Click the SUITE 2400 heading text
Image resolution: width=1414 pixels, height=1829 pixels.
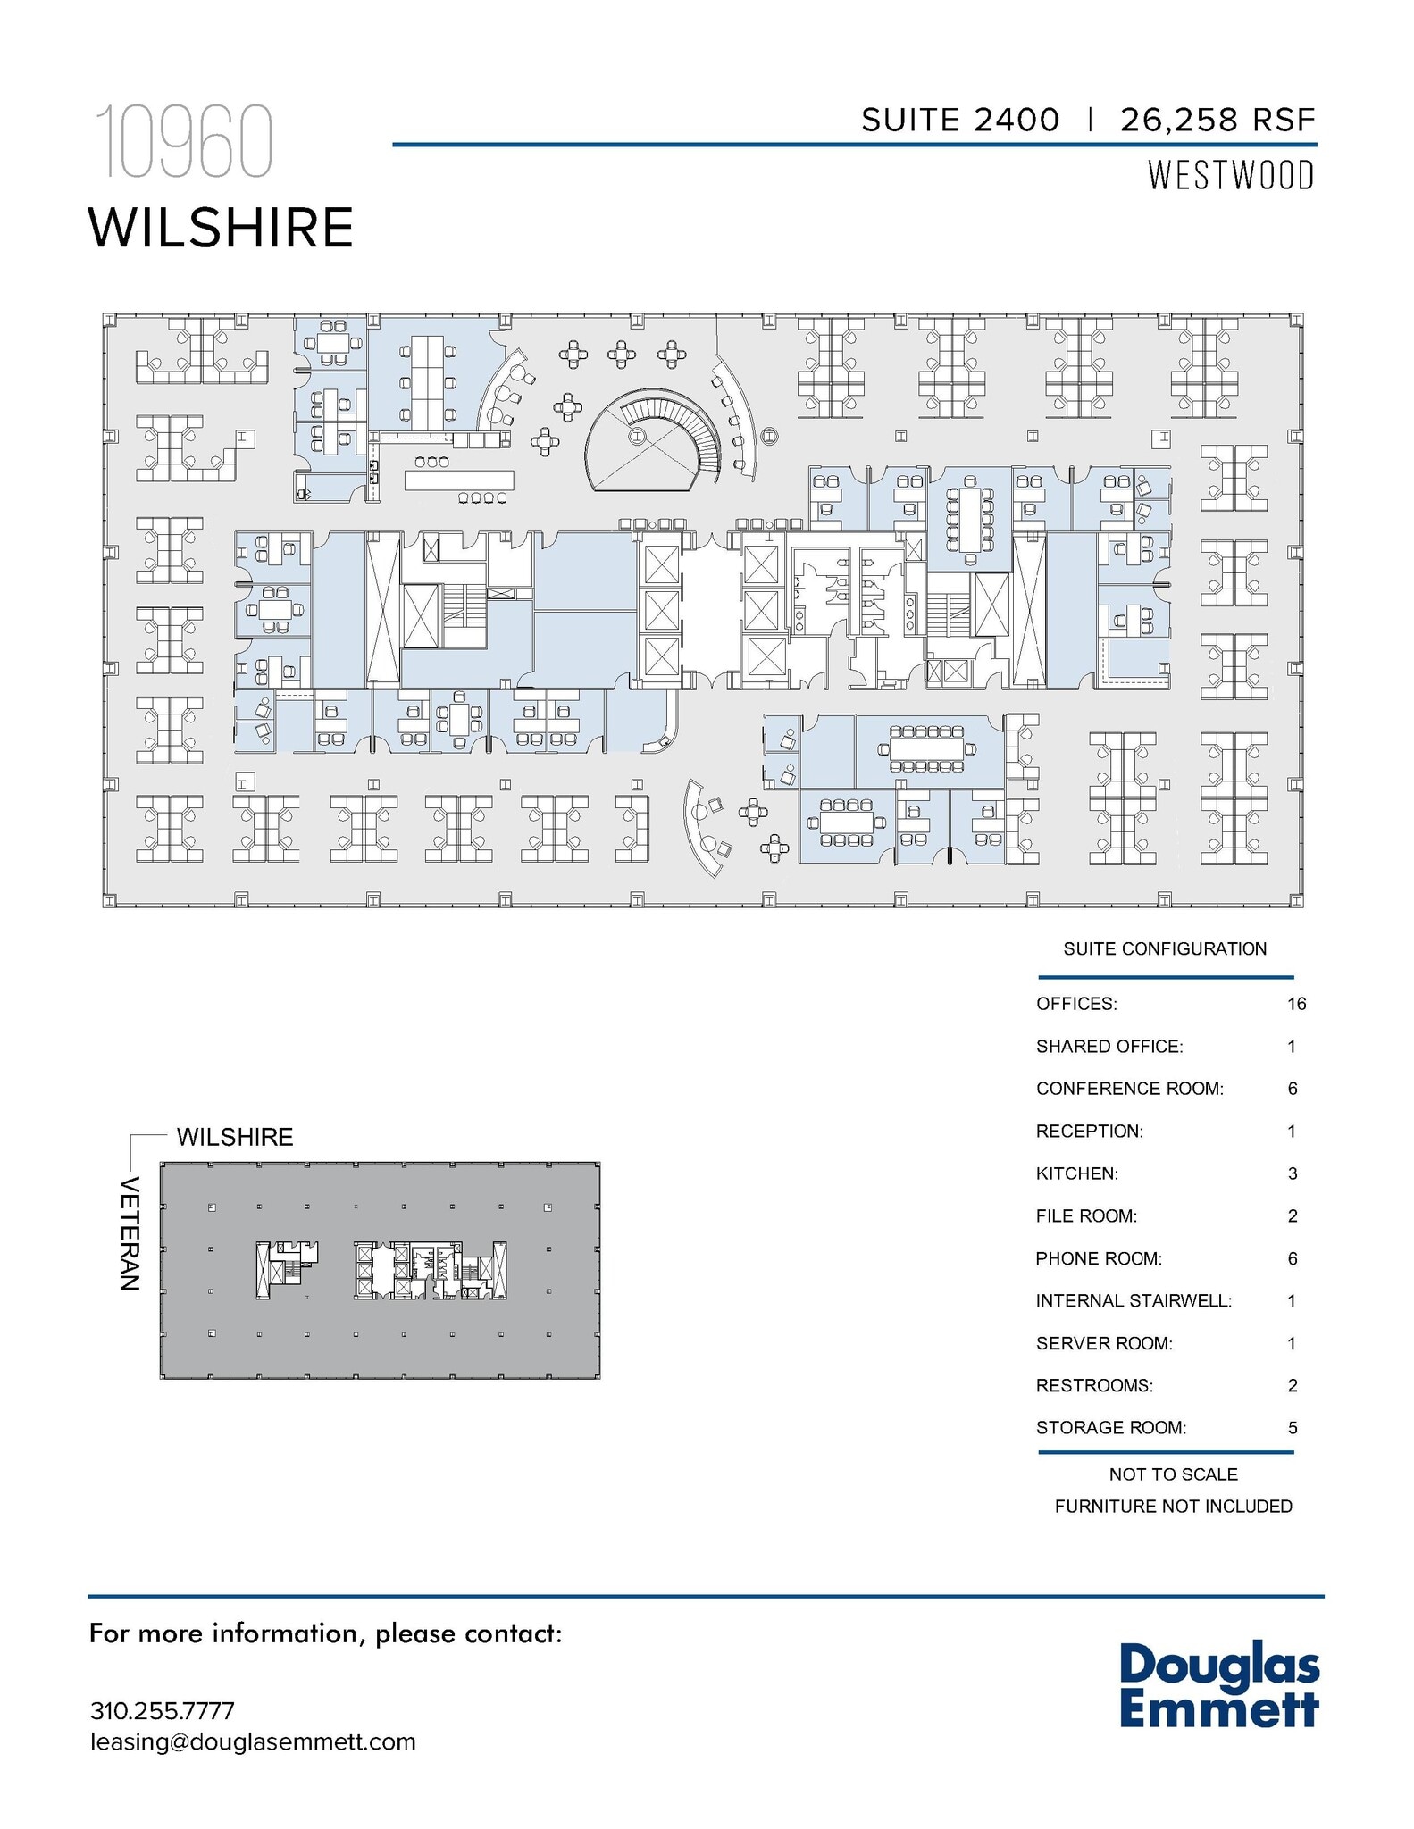[x=959, y=120]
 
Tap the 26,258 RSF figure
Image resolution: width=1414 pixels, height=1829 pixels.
[x=1217, y=120]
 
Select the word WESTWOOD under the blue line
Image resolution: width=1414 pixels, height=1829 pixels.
[x=1231, y=176]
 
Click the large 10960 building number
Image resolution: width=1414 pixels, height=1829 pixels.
[x=182, y=142]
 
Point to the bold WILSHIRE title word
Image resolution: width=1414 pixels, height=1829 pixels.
[x=221, y=228]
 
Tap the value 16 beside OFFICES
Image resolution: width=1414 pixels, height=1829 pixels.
[x=1296, y=1004]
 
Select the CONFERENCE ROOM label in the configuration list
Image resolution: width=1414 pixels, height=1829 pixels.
[x=1129, y=1089]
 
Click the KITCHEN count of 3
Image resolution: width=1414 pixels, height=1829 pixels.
[x=1293, y=1173]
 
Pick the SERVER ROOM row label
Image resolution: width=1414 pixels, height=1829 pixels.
[x=1104, y=1343]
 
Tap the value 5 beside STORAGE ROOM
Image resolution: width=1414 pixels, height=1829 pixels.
[x=1293, y=1428]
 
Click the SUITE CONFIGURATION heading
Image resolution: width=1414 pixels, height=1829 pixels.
[x=1165, y=948]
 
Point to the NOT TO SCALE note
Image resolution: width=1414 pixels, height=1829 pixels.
[x=1173, y=1474]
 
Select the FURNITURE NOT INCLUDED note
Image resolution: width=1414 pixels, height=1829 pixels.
[x=1173, y=1507]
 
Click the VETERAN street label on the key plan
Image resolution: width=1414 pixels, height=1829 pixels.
[x=130, y=1233]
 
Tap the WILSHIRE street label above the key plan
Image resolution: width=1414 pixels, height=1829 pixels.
[x=235, y=1137]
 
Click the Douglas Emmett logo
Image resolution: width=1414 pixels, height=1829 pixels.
[x=1219, y=1685]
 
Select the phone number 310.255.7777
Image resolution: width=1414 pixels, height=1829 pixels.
[x=163, y=1711]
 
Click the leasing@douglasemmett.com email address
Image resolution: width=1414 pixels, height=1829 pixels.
[x=253, y=1741]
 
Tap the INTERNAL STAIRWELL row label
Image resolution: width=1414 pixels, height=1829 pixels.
[x=1134, y=1301]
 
